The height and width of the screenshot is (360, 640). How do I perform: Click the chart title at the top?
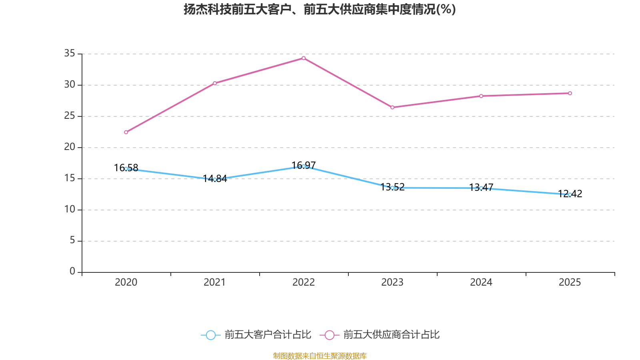[320, 9]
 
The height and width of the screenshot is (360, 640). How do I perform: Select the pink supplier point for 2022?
[304, 58]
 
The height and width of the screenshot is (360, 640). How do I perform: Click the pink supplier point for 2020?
[126, 132]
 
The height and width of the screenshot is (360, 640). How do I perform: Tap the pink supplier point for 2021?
[215, 83]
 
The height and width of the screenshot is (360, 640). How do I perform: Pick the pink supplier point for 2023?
[392, 107]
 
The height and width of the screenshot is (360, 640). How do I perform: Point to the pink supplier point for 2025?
[570, 93]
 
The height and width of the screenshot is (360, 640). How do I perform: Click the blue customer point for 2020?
[126, 169]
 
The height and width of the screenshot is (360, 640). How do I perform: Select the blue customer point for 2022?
[304, 166]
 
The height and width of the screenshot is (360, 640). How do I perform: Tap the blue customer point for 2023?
[392, 188]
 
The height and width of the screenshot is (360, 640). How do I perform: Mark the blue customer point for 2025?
[570, 194]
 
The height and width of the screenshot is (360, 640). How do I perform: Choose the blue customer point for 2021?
[215, 179]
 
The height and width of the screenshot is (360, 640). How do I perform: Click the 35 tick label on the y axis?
[70, 53]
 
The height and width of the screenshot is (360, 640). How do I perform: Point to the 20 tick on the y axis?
[70, 147]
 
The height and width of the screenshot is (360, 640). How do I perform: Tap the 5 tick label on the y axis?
[72, 240]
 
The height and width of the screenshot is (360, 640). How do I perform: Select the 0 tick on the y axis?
[72, 271]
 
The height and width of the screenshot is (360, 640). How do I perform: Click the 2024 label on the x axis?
[481, 282]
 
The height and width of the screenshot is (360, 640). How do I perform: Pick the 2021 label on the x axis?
[215, 282]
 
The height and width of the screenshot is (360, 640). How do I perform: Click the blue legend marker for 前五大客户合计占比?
[210, 335]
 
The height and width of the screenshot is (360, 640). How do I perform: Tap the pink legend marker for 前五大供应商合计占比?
[330, 335]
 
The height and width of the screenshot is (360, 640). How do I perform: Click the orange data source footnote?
[320, 356]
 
